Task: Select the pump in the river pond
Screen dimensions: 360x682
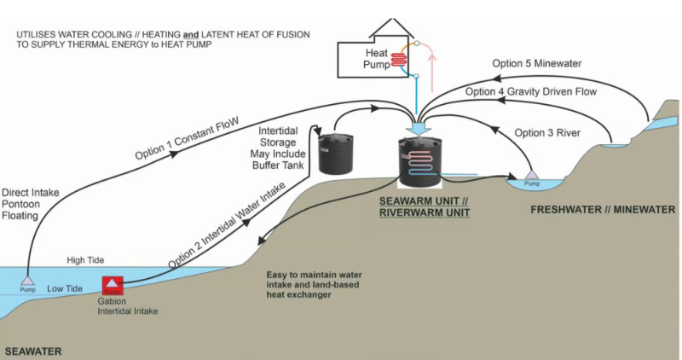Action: click(531, 177)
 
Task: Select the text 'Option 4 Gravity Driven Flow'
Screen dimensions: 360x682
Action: click(530, 90)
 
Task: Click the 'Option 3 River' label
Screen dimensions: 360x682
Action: click(549, 132)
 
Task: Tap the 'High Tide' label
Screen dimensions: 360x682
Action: click(84, 259)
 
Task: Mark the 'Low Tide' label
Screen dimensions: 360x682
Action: click(65, 289)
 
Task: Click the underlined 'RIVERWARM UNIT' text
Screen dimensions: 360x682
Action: click(424, 211)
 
